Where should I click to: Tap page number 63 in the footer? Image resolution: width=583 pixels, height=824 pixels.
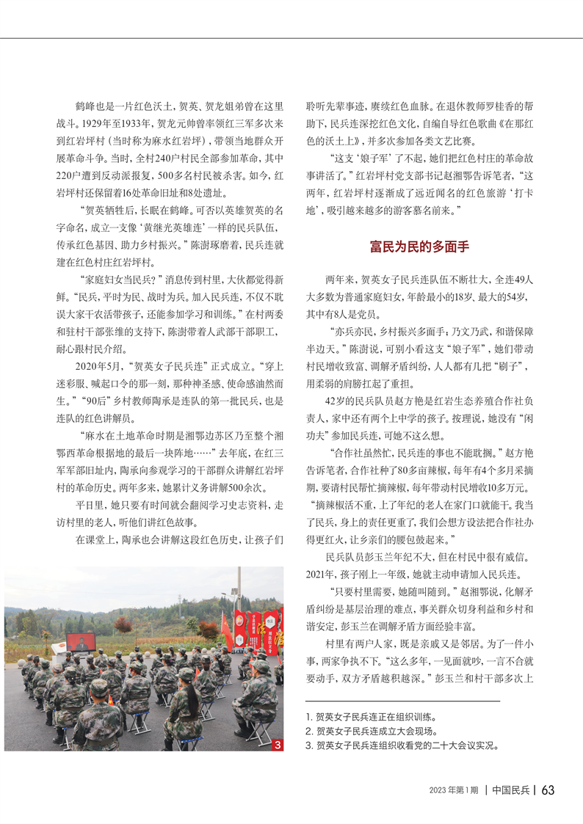point(548,790)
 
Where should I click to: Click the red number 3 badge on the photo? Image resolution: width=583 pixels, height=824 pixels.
point(277,745)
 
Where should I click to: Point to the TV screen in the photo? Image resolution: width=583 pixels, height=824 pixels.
point(81,641)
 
